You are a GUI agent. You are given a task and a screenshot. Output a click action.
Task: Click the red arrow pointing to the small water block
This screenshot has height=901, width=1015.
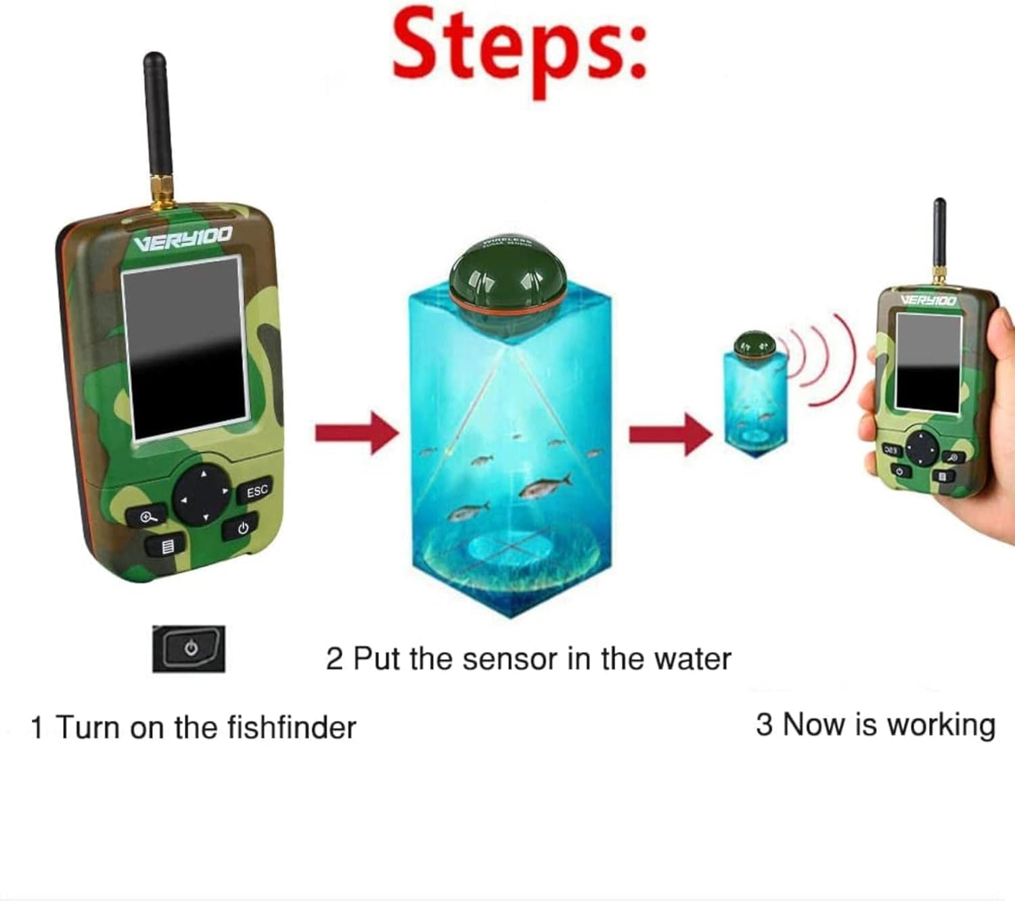670,434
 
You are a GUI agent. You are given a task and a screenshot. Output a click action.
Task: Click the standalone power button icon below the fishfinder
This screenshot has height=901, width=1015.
189,649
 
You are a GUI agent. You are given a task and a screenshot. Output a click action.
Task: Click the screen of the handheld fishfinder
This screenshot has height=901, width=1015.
927,361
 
